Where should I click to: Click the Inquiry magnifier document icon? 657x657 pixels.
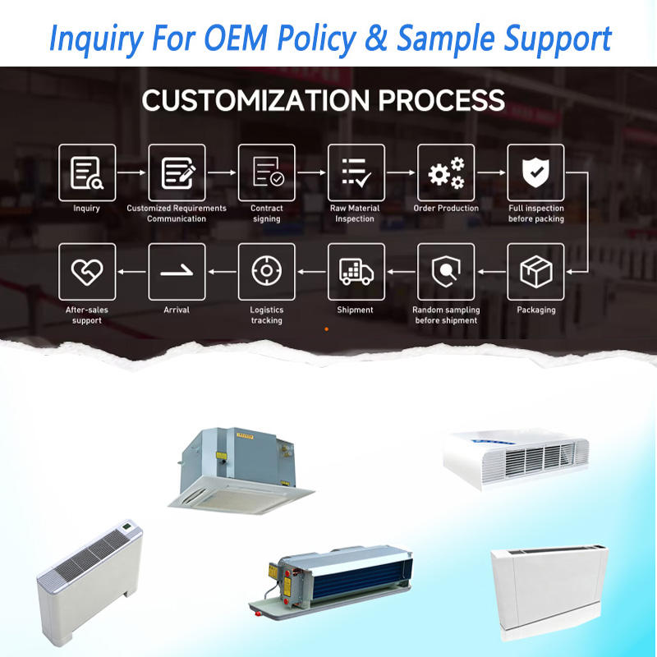click(87, 172)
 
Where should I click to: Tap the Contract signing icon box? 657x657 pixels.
click(266, 172)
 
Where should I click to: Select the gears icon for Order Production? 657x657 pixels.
click(446, 172)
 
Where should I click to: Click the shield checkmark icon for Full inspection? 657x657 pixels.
click(535, 172)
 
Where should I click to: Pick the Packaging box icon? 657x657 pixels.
click(535, 272)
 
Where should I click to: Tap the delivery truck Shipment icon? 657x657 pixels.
click(356, 272)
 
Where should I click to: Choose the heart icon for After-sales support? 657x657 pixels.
click(87, 272)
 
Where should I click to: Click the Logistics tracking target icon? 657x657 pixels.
click(266, 271)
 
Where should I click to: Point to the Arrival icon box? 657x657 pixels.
click(177, 272)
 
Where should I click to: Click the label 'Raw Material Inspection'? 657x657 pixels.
click(355, 214)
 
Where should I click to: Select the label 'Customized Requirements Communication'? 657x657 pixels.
click(177, 214)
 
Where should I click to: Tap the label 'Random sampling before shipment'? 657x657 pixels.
click(446, 315)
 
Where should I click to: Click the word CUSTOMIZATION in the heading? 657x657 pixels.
click(255, 100)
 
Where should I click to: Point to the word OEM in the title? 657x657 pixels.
click(236, 38)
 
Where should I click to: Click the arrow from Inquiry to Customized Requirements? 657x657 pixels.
click(131, 172)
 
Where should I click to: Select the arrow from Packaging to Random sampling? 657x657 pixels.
click(491, 272)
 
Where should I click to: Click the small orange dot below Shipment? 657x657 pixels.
click(326, 329)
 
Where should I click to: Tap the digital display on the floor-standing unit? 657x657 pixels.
click(127, 525)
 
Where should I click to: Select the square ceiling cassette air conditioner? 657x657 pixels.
click(241, 470)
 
